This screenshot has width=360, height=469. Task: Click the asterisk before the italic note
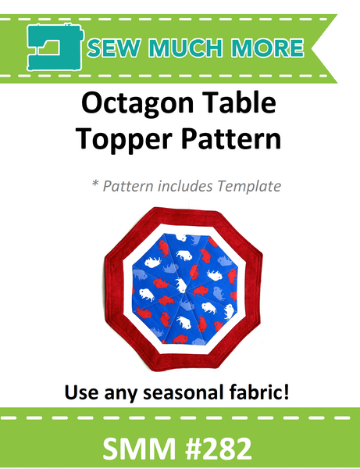94,186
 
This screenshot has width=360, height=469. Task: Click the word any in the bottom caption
130,389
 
